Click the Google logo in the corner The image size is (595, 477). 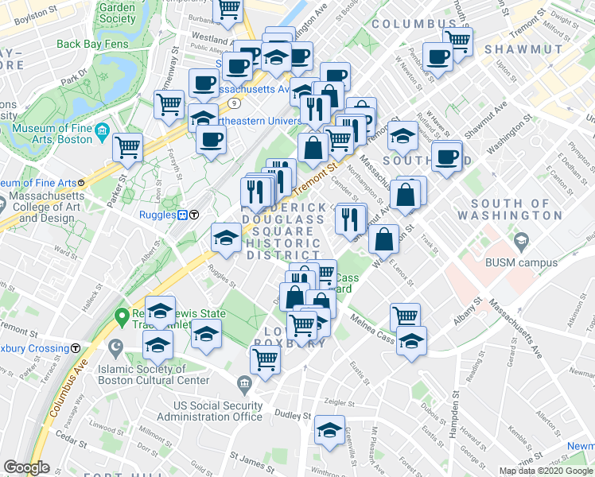coord(27,467)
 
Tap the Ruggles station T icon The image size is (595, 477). coord(193,214)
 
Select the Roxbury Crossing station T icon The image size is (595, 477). coord(76,347)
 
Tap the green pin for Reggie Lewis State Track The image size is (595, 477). coord(122,317)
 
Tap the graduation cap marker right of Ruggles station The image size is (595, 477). coord(226,238)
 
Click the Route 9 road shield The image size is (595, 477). coord(235,103)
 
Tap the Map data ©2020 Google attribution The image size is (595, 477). coord(545,471)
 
